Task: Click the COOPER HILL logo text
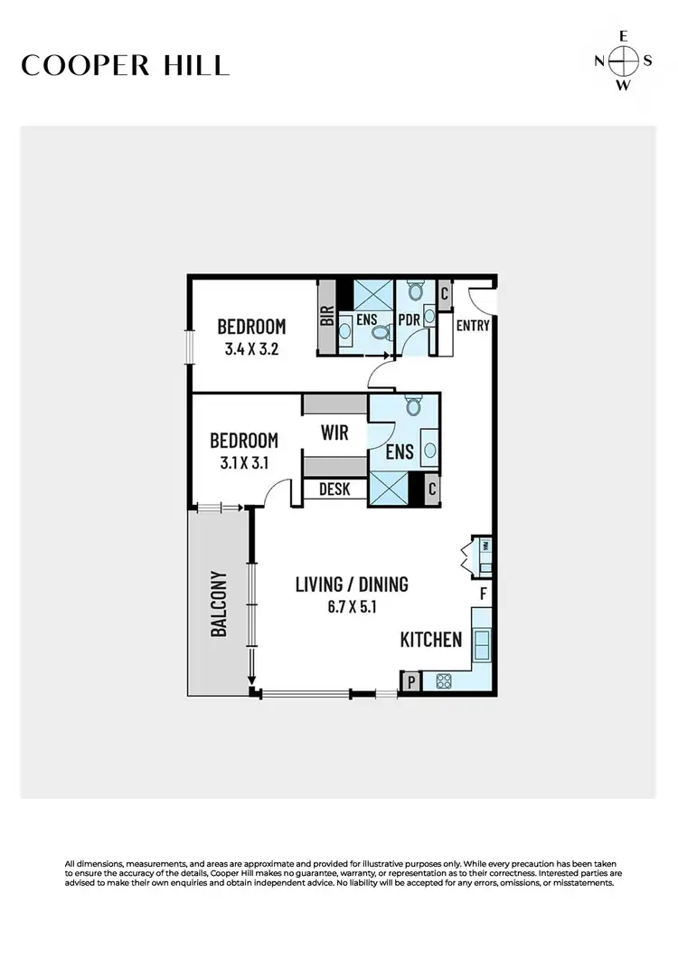pyautogui.click(x=126, y=65)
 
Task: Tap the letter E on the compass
pyautogui.click(x=623, y=37)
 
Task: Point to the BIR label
pyautogui.click(x=326, y=317)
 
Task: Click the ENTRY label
pyautogui.click(x=473, y=326)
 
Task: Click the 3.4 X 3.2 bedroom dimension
pyautogui.click(x=251, y=347)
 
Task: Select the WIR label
pyautogui.click(x=334, y=432)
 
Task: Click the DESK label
pyautogui.click(x=334, y=490)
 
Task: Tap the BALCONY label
pyautogui.click(x=218, y=604)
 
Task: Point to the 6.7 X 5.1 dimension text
pyautogui.click(x=352, y=607)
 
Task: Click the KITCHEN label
pyautogui.click(x=431, y=640)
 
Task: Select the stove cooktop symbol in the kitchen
pyautogui.click(x=443, y=681)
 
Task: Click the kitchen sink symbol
pyautogui.click(x=483, y=645)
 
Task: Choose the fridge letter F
pyautogui.click(x=484, y=594)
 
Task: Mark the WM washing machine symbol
pyautogui.click(x=485, y=547)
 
